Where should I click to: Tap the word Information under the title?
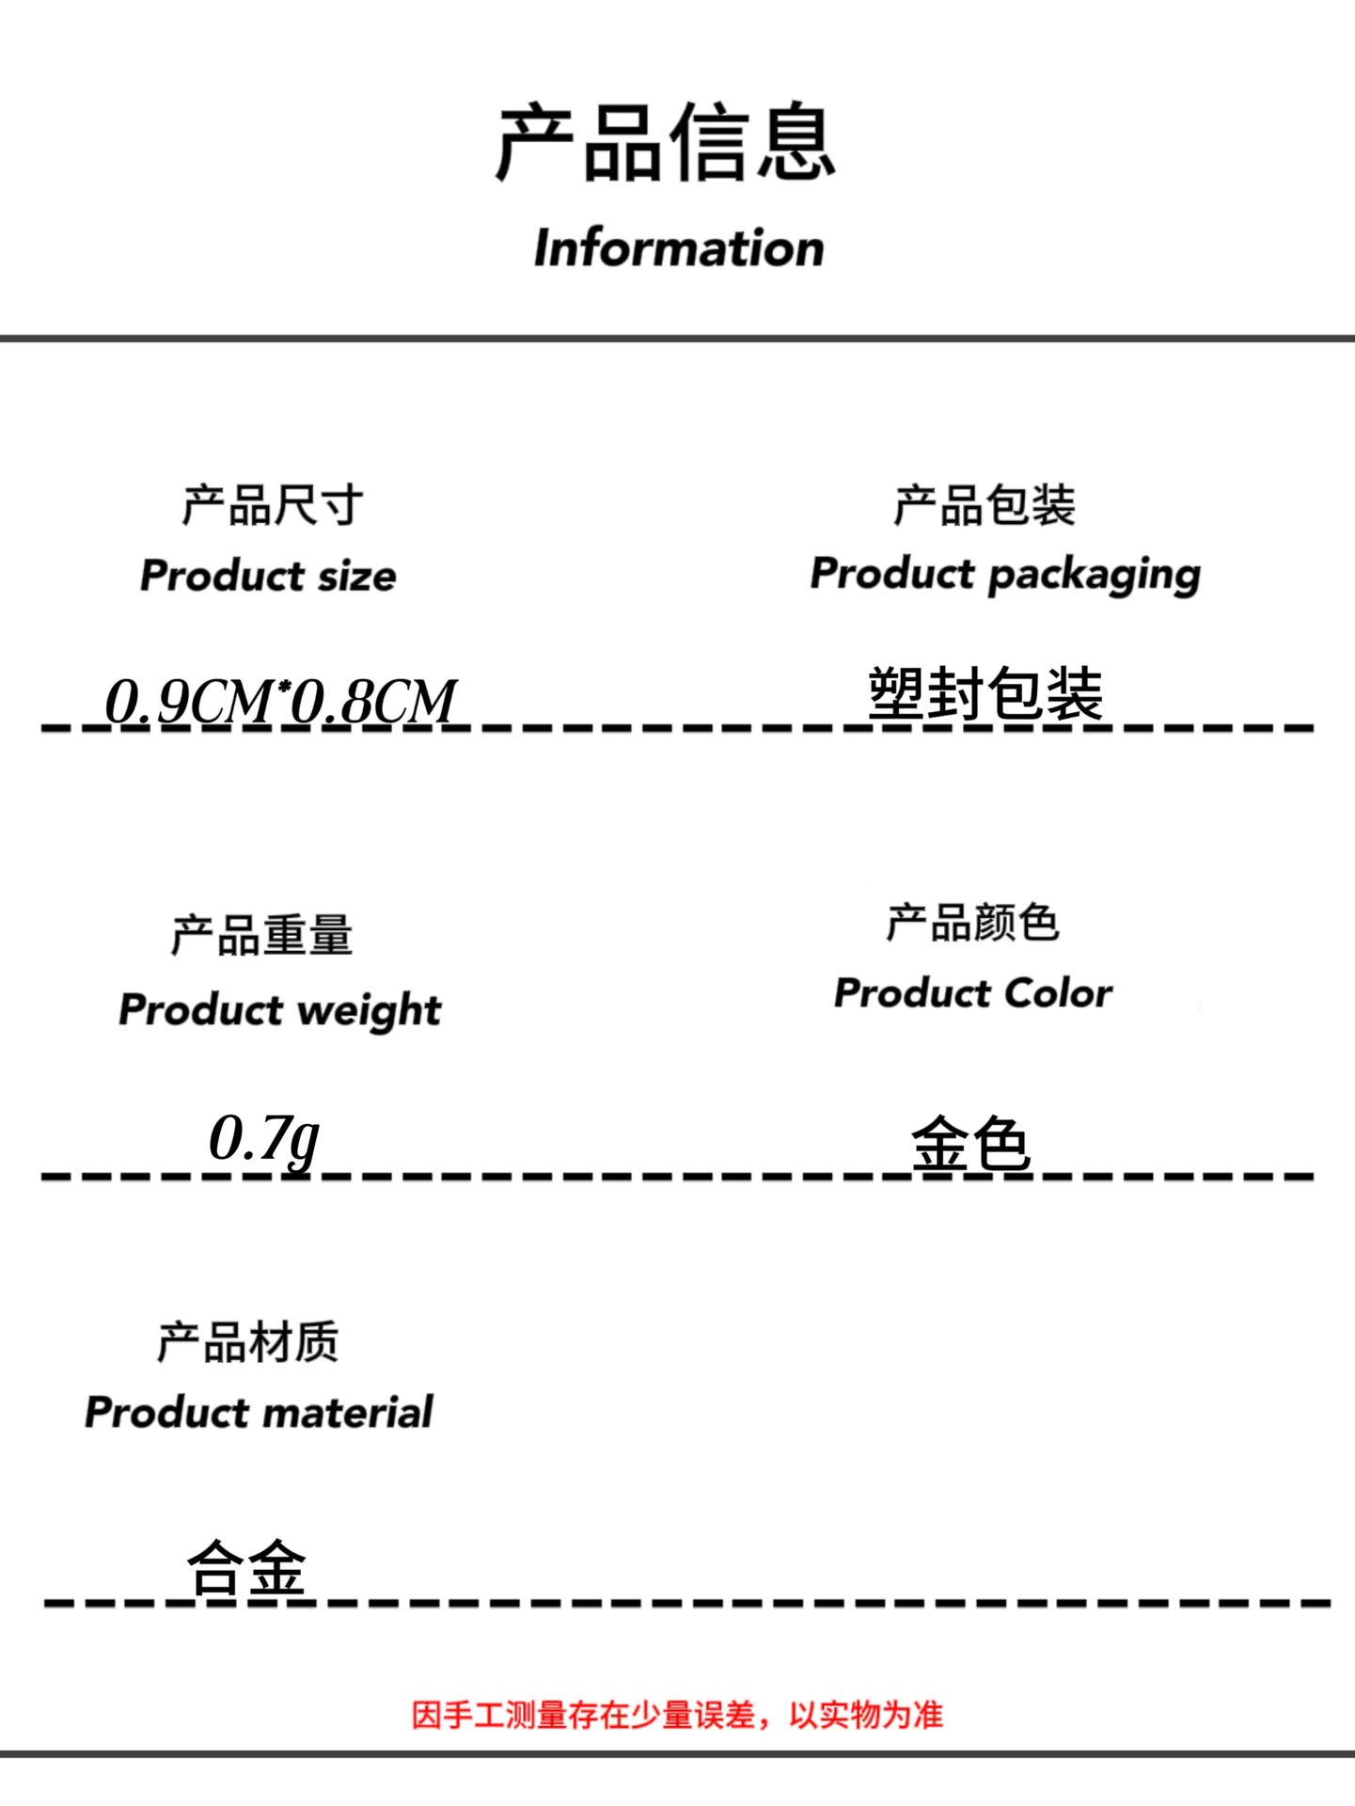pyautogui.click(x=678, y=248)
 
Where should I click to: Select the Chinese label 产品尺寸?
pyautogui.click(x=272, y=505)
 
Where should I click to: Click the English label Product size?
pyautogui.click(x=268, y=576)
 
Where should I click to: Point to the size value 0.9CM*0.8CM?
pyautogui.click(x=280, y=701)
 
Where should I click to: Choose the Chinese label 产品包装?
pyautogui.click(x=984, y=505)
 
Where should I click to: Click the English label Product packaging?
pyautogui.click(x=1005, y=575)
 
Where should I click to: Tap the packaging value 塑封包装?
pyautogui.click(x=985, y=693)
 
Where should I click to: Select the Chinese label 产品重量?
pyautogui.click(x=261, y=935)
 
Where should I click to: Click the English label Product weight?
pyautogui.click(x=279, y=1010)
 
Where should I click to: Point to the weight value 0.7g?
pyautogui.click(x=264, y=1139)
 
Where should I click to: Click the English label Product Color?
pyautogui.click(x=972, y=993)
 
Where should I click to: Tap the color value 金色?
pyautogui.click(x=970, y=1145)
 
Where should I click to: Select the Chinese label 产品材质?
pyautogui.click(x=247, y=1341)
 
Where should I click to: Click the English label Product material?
pyautogui.click(x=259, y=1412)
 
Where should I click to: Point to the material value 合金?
pyautogui.click(x=246, y=1567)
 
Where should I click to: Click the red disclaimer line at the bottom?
pyautogui.click(x=677, y=1715)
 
